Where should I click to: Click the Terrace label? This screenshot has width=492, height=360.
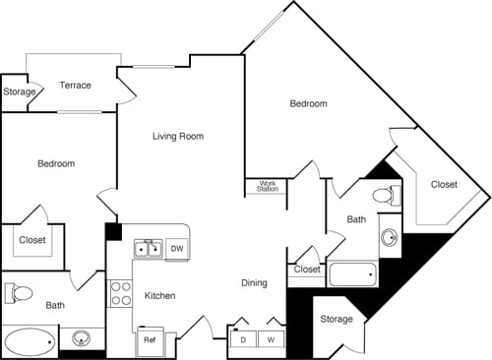tap(75, 86)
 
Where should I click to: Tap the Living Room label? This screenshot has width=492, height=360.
tap(178, 137)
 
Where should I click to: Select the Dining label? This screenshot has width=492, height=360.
tap(254, 283)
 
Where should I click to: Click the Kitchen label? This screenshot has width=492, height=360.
tap(160, 295)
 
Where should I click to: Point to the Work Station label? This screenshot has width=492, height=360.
tap(268, 185)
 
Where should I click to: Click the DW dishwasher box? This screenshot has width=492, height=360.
tap(177, 249)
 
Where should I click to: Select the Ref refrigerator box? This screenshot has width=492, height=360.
tap(151, 339)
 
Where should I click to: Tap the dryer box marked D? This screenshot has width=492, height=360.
tap(242, 339)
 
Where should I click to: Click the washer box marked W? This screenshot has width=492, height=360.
tap(271, 339)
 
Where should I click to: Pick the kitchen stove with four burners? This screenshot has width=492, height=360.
tap(120, 293)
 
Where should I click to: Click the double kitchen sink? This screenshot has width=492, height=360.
tap(149, 249)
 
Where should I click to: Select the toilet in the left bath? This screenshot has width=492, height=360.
tap(21, 293)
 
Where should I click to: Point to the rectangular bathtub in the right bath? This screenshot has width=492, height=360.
tap(351, 273)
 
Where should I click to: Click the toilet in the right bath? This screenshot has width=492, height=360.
tap(392, 195)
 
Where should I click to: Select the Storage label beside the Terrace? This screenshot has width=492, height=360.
tap(19, 92)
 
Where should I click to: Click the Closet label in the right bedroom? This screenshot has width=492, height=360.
tap(444, 184)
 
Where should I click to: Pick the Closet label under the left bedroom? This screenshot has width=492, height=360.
tap(31, 239)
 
